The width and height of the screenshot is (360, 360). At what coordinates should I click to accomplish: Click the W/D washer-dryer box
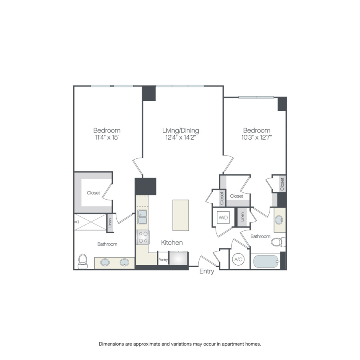(223, 218)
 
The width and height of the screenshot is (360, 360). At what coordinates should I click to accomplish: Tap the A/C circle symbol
(238, 260)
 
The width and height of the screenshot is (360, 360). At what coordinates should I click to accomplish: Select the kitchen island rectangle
(181, 215)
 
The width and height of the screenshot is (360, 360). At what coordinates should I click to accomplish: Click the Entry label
(207, 272)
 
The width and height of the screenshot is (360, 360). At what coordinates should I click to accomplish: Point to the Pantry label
(163, 260)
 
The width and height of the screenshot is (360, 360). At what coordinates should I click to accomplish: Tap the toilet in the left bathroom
(83, 261)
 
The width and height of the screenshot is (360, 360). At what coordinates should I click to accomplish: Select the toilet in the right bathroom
(278, 242)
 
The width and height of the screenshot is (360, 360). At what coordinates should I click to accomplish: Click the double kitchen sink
(142, 217)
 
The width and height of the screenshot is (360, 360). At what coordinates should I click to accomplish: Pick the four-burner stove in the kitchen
(142, 237)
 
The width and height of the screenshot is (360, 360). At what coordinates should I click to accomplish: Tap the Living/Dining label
(180, 130)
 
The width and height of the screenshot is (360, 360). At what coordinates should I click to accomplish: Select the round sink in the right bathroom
(280, 220)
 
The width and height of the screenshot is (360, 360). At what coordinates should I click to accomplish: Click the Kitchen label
(172, 243)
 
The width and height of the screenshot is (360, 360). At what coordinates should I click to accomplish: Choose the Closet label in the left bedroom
(94, 193)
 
